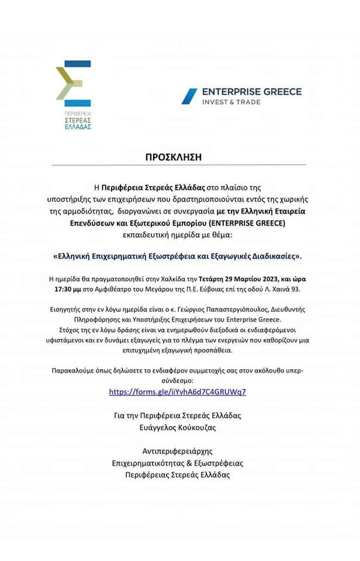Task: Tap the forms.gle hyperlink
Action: (177, 392)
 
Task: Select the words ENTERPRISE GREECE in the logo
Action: (252, 92)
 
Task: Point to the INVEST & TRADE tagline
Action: (231, 102)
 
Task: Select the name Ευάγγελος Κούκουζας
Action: (177, 428)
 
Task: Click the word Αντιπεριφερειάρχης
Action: (177, 451)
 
